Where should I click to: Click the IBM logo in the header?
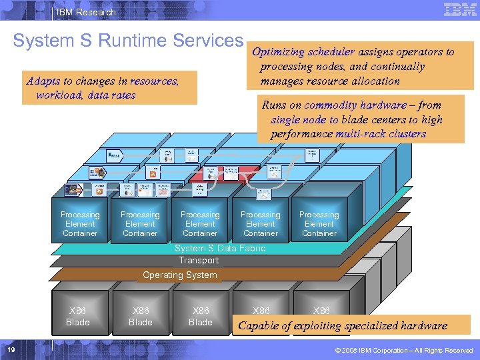459,10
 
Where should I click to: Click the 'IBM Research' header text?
86,12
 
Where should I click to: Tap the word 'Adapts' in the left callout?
43,81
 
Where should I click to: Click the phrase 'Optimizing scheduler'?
303,52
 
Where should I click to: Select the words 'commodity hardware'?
355,105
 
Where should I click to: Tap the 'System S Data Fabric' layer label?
219,248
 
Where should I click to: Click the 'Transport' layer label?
198,261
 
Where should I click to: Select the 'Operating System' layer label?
179,275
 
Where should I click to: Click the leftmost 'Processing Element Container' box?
80,224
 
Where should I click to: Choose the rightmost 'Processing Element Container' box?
319,224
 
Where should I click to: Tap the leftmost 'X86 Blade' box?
77,317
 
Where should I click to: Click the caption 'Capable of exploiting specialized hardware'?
343,326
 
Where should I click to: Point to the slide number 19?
11,350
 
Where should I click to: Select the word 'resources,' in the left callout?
155,81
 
